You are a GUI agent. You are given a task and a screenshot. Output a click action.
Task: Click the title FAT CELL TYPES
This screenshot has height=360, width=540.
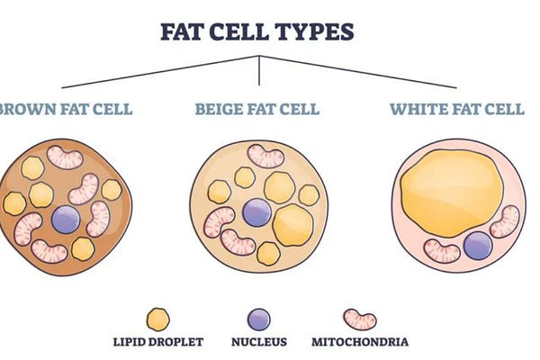tap(257, 31)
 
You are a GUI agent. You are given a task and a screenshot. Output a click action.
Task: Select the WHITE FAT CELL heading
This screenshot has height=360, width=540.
tap(456, 110)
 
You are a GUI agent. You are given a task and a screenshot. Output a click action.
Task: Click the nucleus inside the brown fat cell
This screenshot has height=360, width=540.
tap(66, 219)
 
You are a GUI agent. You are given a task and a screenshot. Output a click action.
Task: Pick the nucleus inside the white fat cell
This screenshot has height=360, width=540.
tap(477, 245)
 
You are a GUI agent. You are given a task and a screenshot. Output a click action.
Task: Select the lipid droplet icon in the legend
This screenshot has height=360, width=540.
tap(158, 319)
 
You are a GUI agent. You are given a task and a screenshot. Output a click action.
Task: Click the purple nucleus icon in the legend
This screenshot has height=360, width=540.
tap(258, 319)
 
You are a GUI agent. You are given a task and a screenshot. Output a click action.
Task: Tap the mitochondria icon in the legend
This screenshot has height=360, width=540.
tap(360, 319)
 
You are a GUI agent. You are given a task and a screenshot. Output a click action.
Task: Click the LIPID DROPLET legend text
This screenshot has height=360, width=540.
tap(159, 342)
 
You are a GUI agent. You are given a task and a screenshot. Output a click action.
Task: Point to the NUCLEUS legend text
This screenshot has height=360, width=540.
tap(258, 342)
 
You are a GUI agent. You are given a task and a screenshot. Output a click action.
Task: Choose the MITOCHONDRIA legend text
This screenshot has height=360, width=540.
tap(360, 342)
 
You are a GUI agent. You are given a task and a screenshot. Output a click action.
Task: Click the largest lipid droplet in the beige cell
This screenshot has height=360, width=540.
tap(293, 225)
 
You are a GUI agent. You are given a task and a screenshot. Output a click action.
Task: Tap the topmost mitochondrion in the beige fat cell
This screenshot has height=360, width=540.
tap(265, 157)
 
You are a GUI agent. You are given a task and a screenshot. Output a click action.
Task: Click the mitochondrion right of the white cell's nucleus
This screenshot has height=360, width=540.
tap(505, 221)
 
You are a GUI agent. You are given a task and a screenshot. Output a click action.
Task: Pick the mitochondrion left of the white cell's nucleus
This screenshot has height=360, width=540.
tap(442, 251)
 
